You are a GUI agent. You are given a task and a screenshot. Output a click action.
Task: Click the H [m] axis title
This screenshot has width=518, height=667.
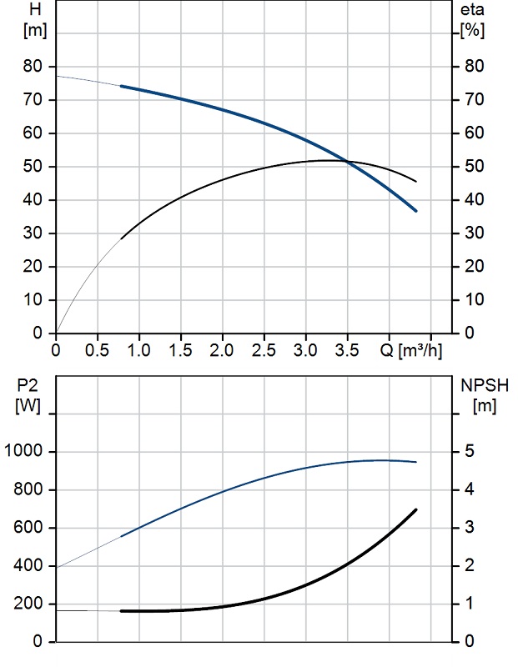click(x=35, y=20)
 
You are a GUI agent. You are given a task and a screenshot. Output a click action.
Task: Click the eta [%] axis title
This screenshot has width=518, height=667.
click(x=472, y=20)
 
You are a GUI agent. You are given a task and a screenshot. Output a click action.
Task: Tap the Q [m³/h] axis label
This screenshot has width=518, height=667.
click(x=410, y=350)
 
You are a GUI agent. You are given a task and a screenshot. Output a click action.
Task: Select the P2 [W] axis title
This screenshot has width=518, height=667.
click(x=28, y=395)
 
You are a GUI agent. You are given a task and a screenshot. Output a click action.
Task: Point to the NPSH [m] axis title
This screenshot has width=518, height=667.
click(x=485, y=395)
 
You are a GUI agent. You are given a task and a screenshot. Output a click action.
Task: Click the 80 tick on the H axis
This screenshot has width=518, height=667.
click(x=33, y=67)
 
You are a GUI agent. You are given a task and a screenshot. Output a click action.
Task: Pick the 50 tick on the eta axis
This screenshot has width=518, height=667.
click(x=474, y=166)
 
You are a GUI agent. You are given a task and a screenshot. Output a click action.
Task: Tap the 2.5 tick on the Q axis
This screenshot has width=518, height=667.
click(x=264, y=350)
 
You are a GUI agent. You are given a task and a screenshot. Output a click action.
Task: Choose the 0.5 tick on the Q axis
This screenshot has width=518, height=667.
click(x=97, y=350)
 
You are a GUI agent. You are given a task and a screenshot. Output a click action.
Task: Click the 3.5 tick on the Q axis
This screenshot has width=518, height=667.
click(x=347, y=350)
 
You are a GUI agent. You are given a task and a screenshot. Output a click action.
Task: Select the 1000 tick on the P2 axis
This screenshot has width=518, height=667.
click(x=23, y=451)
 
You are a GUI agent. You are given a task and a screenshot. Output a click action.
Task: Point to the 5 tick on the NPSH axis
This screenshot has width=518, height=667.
click(x=469, y=451)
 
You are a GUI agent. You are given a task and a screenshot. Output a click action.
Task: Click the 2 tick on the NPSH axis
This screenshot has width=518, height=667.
click(x=469, y=565)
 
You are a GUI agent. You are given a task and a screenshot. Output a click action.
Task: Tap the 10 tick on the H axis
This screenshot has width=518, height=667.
click(x=33, y=300)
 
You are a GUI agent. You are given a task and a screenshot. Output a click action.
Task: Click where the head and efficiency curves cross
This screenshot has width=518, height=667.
click(x=347, y=161)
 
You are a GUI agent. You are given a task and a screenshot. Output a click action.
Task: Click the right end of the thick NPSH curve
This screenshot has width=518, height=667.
click(x=416, y=509)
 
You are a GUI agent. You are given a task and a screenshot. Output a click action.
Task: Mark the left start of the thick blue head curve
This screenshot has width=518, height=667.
click(x=121, y=87)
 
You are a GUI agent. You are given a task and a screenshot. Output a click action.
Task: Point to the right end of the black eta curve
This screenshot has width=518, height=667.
click(x=416, y=182)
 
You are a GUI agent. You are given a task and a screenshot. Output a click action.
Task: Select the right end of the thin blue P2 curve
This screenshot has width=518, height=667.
click(x=416, y=462)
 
